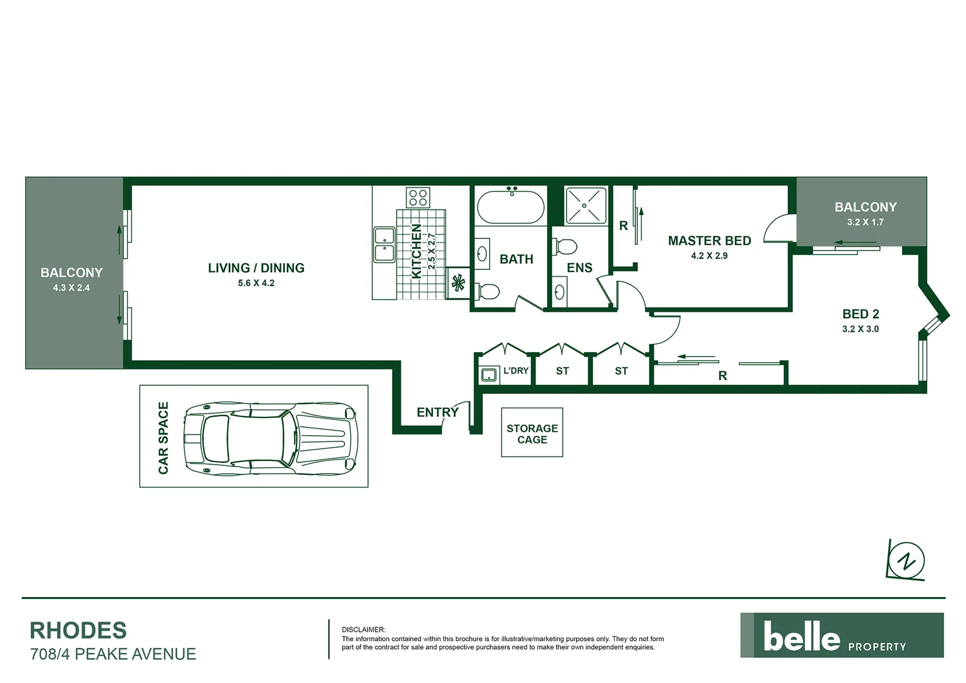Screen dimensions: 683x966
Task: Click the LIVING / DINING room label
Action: tap(256, 268)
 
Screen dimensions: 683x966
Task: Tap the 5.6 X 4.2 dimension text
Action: tap(256, 283)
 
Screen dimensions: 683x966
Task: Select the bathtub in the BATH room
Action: tap(510, 207)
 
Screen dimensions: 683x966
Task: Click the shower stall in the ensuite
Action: tap(585, 206)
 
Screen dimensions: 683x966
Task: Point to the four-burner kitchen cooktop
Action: tap(418, 197)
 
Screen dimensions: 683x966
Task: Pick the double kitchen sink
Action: tap(384, 245)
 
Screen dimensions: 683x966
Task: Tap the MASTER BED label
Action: tap(709, 241)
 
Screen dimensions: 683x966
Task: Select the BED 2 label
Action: tap(860, 314)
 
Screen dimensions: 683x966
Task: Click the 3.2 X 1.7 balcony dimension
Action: tap(865, 223)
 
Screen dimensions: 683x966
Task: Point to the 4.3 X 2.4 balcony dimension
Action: tap(71, 288)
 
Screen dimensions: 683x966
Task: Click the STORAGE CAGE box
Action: tap(532, 433)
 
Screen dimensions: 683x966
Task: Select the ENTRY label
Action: tap(437, 412)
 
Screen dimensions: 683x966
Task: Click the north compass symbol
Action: tap(907, 560)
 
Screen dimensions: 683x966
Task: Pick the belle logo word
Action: tap(802, 636)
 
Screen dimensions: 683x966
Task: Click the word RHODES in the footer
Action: tap(78, 631)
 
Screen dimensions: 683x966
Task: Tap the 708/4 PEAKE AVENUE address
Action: tap(113, 654)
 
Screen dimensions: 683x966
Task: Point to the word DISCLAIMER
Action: tap(363, 630)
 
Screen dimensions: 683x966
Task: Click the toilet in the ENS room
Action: tap(564, 245)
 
